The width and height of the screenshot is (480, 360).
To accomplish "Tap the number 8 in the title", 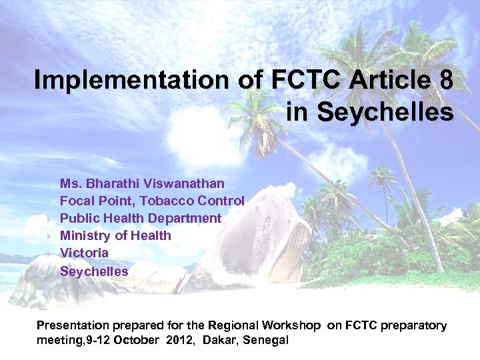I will click(446, 81).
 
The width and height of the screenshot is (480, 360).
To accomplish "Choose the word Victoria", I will click(84, 253).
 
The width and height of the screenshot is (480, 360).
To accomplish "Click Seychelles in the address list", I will click(94, 271).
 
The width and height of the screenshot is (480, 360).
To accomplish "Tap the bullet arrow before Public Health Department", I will click(49, 219).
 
